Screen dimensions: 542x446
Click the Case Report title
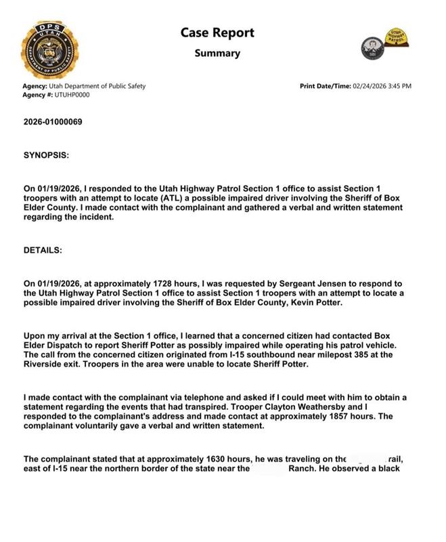pyautogui.click(x=217, y=33)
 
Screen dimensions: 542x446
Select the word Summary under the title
pyautogui.click(x=217, y=53)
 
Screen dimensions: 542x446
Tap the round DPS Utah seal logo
pyautogui.click(x=49, y=49)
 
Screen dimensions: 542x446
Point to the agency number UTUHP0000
pyautogui.click(x=70, y=95)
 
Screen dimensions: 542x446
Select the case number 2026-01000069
pyautogui.click(x=54, y=122)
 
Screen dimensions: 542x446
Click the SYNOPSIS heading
pyautogui.click(x=46, y=155)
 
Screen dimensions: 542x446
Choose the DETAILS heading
pyautogui.click(x=43, y=250)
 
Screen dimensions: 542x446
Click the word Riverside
pyautogui.click(x=47, y=363)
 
